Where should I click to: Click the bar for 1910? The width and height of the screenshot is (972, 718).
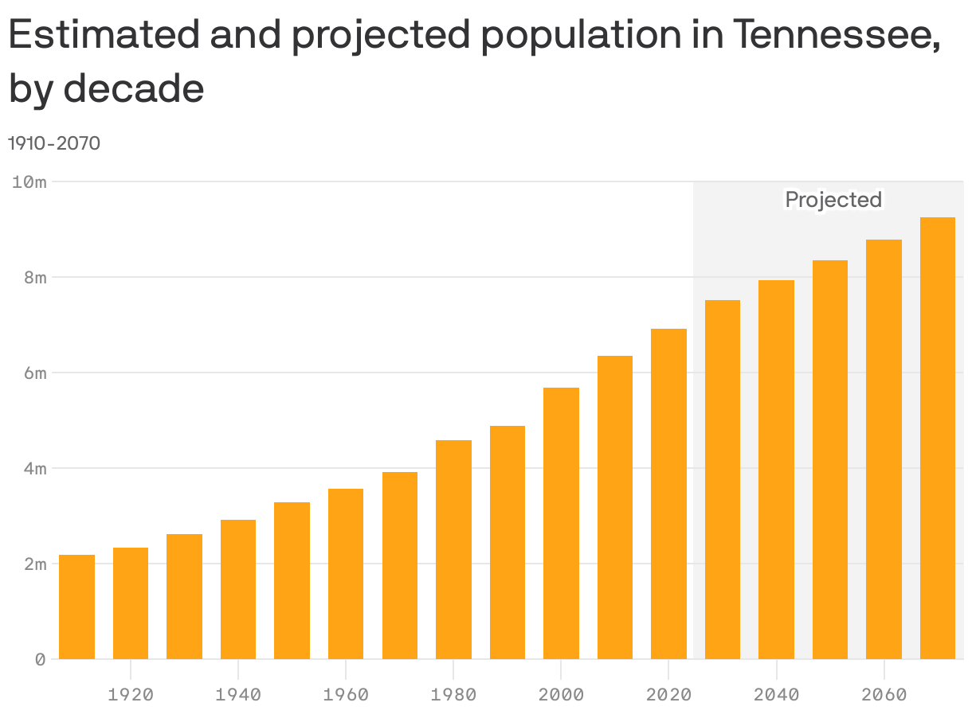pos(76,607)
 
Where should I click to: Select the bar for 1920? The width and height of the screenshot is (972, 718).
pos(131,603)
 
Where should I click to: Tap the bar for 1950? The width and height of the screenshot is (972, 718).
pos(292,580)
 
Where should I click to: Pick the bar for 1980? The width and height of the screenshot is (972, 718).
pos(453,549)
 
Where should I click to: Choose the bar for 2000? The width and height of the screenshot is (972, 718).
pos(561,523)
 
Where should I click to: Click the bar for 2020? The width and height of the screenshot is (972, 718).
pos(668,494)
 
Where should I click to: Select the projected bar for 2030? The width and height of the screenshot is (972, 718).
pos(723,479)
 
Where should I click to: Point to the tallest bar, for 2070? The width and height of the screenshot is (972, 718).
pos(938,438)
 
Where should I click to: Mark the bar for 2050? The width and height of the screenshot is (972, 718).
pos(830,459)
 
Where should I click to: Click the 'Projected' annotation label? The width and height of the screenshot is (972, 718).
pos(833,199)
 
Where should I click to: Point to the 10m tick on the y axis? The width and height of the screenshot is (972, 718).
pos(29,182)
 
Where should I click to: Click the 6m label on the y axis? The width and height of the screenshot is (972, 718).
pos(35,373)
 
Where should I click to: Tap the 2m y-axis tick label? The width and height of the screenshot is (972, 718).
pos(35,564)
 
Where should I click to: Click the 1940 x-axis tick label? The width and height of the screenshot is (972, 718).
pos(238,695)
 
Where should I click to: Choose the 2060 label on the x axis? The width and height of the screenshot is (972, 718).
pos(884,695)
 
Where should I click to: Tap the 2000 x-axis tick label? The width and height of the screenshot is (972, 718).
pos(561,695)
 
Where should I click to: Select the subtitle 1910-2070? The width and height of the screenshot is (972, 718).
pos(54,143)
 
